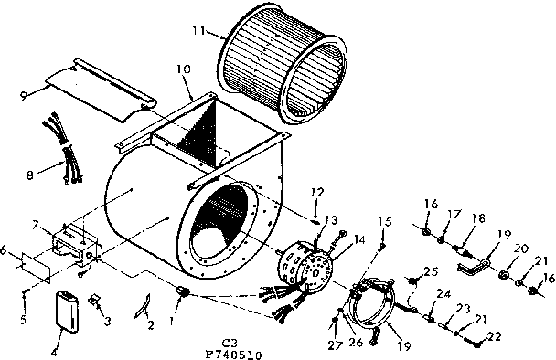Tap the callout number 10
coord(183,69)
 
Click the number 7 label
coord(36,225)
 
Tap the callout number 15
coord(384,222)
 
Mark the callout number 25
coord(432,271)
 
